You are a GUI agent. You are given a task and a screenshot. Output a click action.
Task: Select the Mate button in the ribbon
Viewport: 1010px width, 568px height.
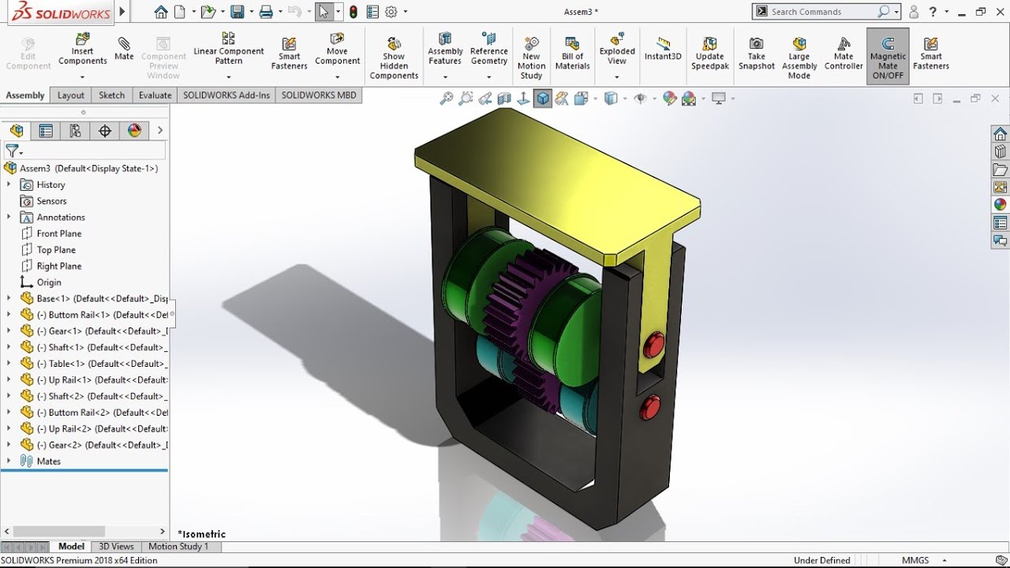(124, 48)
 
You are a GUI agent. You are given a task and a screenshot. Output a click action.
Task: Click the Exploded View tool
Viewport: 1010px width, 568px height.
(617, 50)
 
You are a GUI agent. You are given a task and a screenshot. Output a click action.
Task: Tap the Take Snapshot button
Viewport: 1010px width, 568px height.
(756, 54)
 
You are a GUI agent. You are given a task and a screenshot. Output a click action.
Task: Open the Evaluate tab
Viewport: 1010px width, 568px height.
(155, 95)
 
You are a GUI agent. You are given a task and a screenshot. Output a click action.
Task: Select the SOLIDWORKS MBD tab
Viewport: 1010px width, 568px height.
(319, 95)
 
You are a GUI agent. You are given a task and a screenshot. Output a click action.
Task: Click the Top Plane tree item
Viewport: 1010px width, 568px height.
(56, 250)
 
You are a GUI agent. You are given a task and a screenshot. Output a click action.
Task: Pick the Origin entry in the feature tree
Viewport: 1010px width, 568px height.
(49, 282)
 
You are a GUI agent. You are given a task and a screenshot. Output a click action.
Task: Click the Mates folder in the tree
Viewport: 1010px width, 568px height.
(48, 461)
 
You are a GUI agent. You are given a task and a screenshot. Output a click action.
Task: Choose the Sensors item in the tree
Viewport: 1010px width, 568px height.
(51, 201)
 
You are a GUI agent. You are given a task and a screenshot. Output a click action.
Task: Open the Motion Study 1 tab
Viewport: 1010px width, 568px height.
(178, 547)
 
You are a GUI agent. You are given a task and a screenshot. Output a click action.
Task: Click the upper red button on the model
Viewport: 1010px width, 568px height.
(653, 345)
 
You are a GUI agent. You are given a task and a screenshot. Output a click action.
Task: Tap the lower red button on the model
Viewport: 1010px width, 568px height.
(649, 408)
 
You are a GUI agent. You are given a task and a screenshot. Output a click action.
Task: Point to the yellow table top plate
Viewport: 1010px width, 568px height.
(552, 181)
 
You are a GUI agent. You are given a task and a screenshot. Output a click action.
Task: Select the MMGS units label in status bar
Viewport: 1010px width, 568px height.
(915, 560)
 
